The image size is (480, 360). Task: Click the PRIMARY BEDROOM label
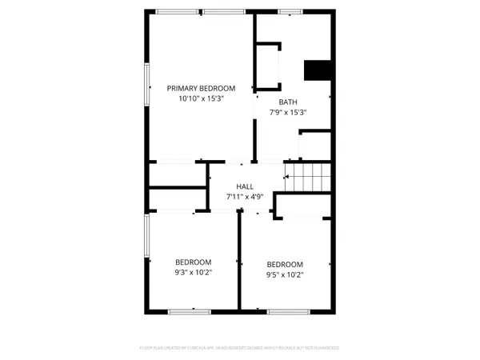(x=201, y=88)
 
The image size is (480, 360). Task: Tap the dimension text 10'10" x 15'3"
(x=201, y=98)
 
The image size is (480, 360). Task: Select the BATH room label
(x=287, y=102)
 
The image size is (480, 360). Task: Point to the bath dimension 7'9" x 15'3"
(x=287, y=112)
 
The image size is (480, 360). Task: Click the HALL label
(x=245, y=186)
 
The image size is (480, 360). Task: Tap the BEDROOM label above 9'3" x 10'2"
(x=193, y=262)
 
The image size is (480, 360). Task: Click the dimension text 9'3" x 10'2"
(x=193, y=272)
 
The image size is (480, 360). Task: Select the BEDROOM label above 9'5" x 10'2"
(x=285, y=265)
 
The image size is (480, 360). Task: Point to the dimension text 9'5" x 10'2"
(x=285, y=274)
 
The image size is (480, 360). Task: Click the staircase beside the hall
(x=309, y=177)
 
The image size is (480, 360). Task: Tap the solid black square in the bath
(x=318, y=70)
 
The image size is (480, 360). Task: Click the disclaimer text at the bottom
(x=240, y=348)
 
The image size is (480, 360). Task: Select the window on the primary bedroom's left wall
(x=146, y=85)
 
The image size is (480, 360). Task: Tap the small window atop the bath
(x=290, y=11)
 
